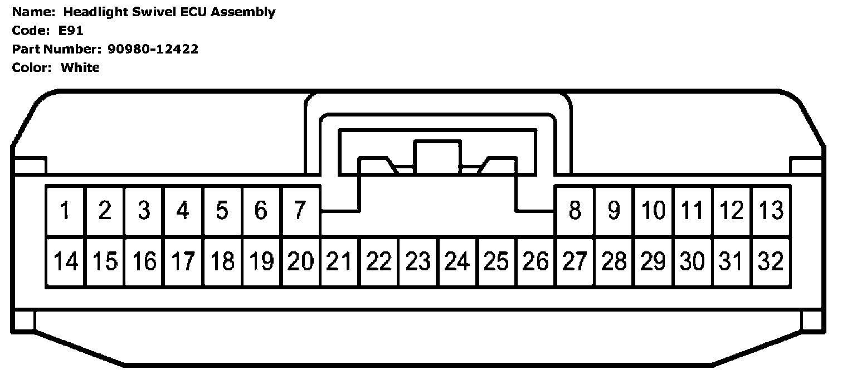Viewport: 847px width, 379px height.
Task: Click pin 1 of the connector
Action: [x=65, y=211]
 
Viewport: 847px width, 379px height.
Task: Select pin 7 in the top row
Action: [x=300, y=211]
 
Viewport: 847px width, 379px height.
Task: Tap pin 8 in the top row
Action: [x=575, y=211]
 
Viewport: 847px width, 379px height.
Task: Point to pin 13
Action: [x=771, y=211]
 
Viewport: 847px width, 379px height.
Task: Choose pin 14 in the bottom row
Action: [x=65, y=261]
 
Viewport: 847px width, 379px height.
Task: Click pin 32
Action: [x=771, y=261]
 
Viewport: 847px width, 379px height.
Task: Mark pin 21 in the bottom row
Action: [x=340, y=261]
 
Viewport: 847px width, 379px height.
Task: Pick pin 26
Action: [x=536, y=261]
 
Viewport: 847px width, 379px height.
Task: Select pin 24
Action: [x=457, y=261]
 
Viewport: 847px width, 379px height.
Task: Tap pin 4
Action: [x=183, y=211]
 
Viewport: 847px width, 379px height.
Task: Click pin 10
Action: [x=653, y=211]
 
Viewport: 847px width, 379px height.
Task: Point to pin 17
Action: [x=183, y=261]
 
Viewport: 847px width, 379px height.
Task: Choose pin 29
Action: [x=653, y=261]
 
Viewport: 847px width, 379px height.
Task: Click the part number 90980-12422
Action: [x=153, y=49]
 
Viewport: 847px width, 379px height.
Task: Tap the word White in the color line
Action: [x=80, y=67]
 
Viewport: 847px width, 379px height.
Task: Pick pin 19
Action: [x=261, y=261]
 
